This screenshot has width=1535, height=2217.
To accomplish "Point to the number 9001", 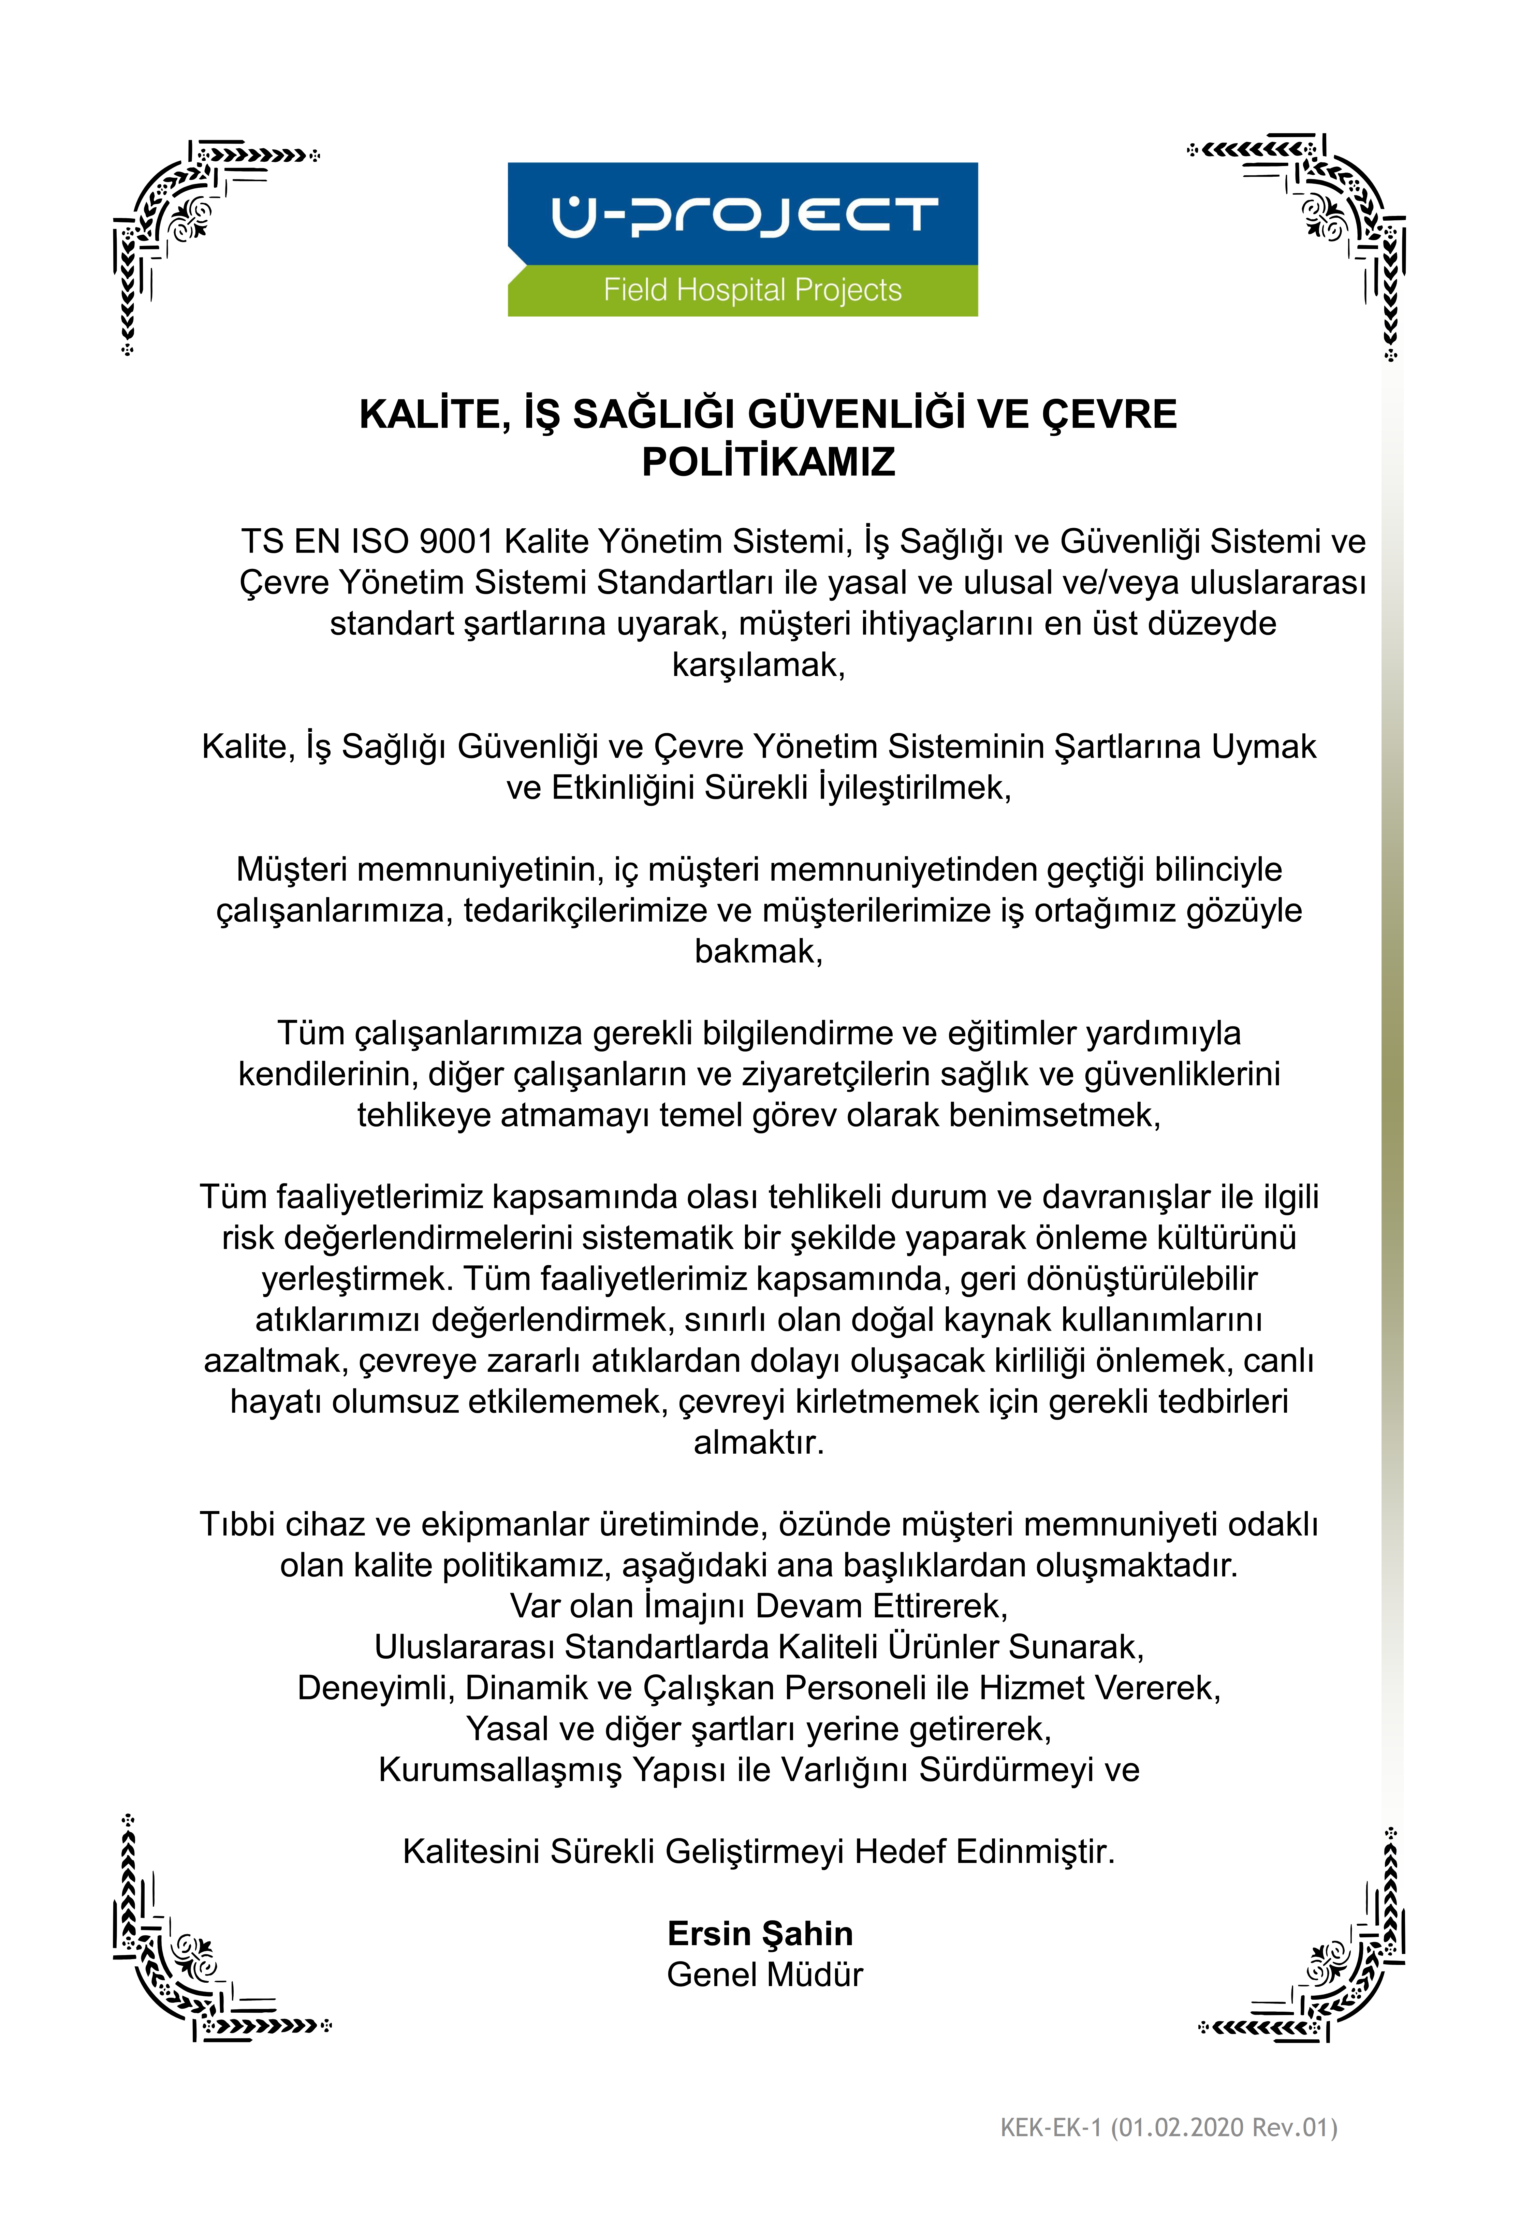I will (x=456, y=542).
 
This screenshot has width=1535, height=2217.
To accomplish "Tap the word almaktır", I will (x=758, y=1443).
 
